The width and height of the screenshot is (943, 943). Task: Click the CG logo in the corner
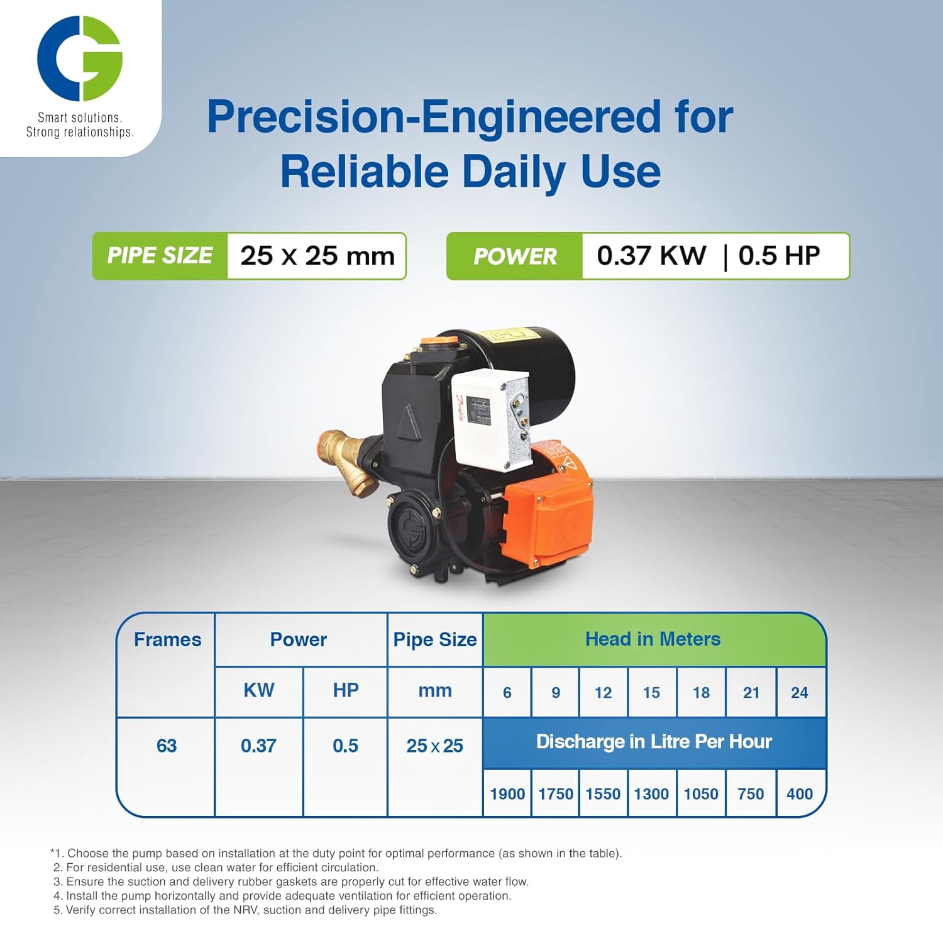click(x=80, y=58)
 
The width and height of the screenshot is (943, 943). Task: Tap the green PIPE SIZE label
click(x=160, y=256)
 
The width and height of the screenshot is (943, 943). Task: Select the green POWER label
click(x=515, y=256)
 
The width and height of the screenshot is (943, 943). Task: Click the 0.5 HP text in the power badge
click(x=779, y=255)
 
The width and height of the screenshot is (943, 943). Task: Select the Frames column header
click(x=167, y=639)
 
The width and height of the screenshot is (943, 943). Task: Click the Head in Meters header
click(x=653, y=639)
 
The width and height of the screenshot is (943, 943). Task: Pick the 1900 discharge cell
click(x=507, y=793)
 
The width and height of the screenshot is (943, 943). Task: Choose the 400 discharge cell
click(x=800, y=793)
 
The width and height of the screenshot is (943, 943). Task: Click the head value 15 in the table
click(x=651, y=692)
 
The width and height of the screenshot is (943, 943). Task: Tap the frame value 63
click(x=167, y=746)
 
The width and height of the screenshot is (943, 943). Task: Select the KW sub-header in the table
click(x=259, y=690)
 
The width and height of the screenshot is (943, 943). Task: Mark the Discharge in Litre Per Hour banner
click(x=654, y=742)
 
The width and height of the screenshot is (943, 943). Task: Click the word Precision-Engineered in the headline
click(x=434, y=117)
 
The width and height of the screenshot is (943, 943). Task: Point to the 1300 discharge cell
click(x=651, y=793)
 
